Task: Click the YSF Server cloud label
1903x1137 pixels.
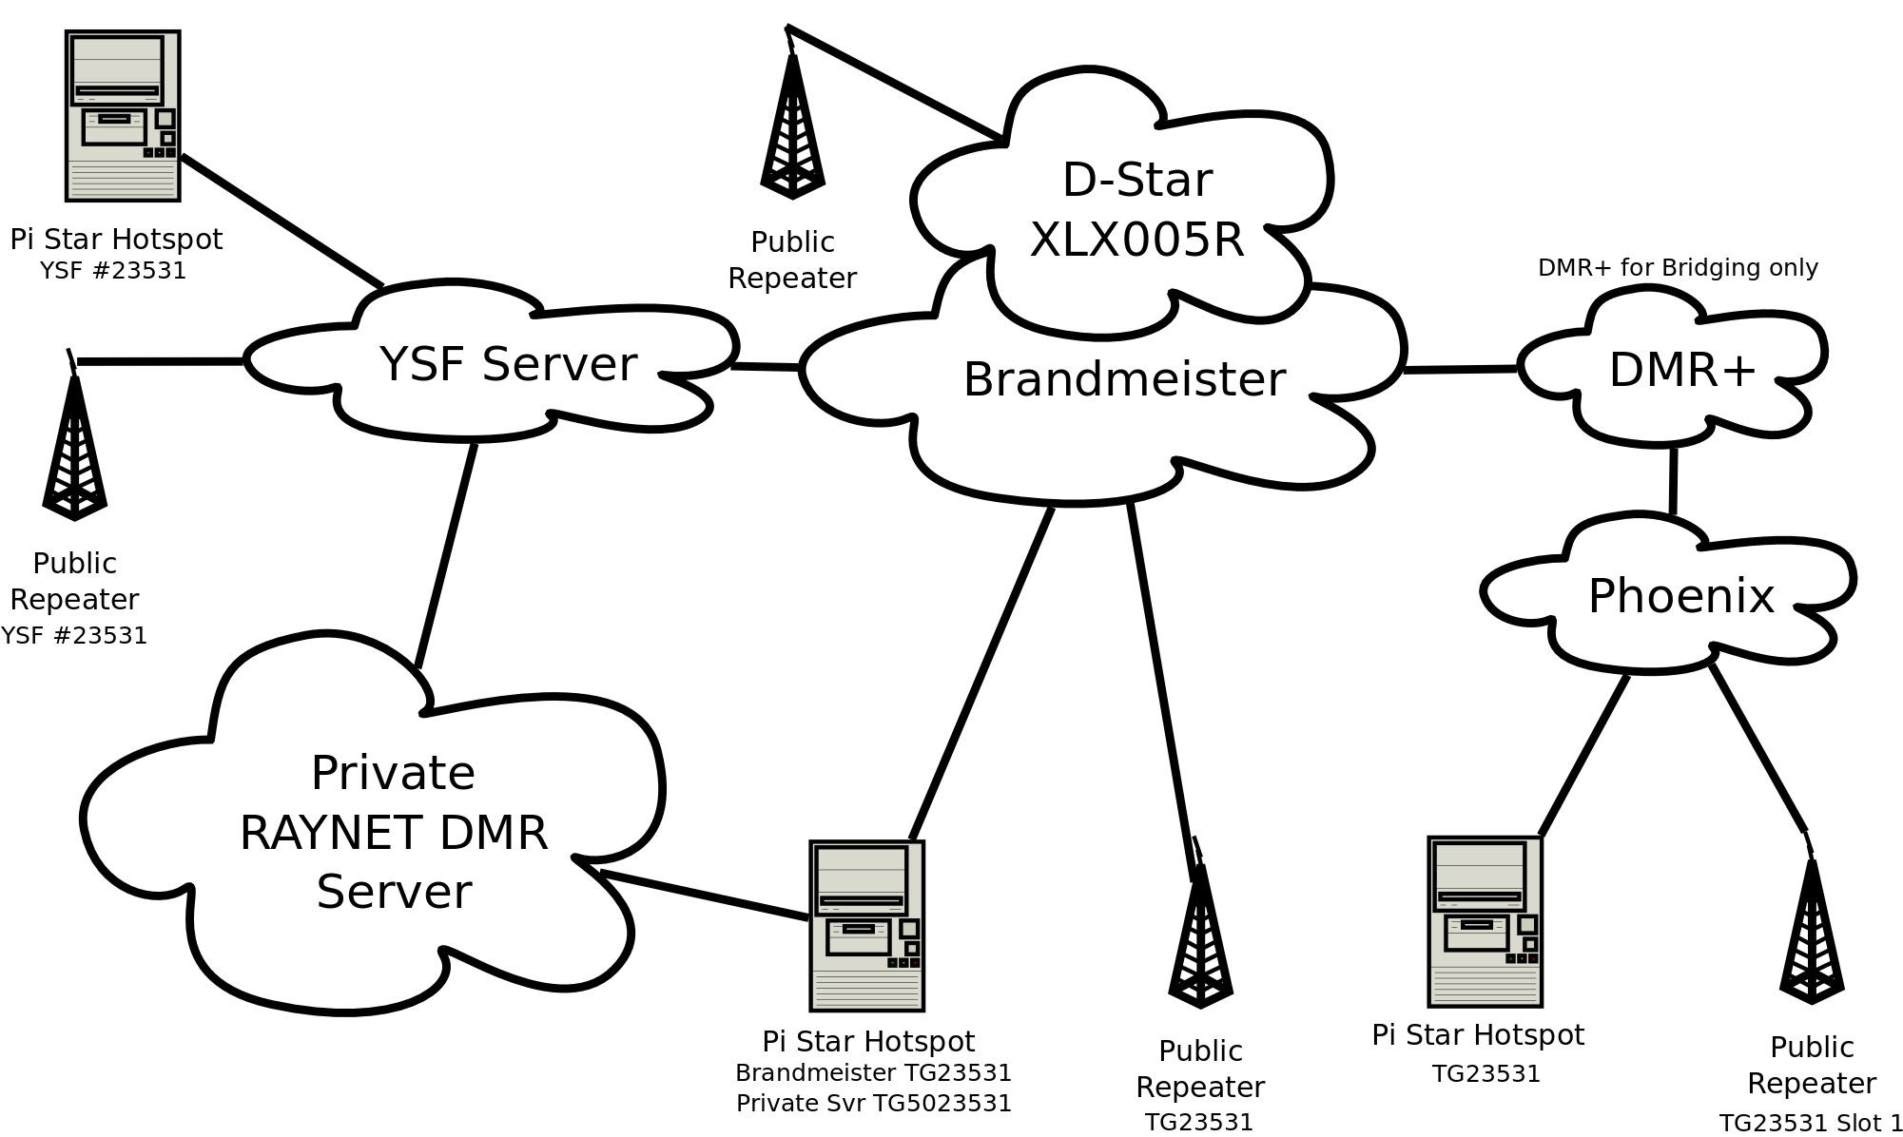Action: pyautogui.click(x=508, y=364)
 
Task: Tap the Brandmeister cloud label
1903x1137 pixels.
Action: pyautogui.click(x=1124, y=379)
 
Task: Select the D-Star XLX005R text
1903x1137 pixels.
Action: pyautogui.click(x=1136, y=209)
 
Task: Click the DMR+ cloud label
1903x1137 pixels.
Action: pyautogui.click(x=1681, y=370)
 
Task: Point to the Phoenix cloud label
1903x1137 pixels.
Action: pyautogui.click(x=1680, y=596)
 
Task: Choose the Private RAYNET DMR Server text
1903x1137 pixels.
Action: pyautogui.click(x=393, y=832)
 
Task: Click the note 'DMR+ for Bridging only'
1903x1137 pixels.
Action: pyautogui.click(x=1678, y=268)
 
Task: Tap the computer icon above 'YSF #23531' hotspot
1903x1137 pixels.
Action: pyautogui.click(x=123, y=116)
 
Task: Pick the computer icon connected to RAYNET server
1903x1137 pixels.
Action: pyautogui.click(x=866, y=925)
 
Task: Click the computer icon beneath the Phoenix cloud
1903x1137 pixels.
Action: pyautogui.click(x=1485, y=921)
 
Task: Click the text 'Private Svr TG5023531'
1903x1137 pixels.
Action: pyautogui.click(x=873, y=1103)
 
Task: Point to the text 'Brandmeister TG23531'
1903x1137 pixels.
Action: pyautogui.click(x=873, y=1072)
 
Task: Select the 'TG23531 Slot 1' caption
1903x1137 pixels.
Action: pyautogui.click(x=1811, y=1123)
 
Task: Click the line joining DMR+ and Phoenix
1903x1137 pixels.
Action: pyautogui.click(x=1673, y=480)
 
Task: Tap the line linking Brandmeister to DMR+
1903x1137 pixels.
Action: pyautogui.click(x=1460, y=369)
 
